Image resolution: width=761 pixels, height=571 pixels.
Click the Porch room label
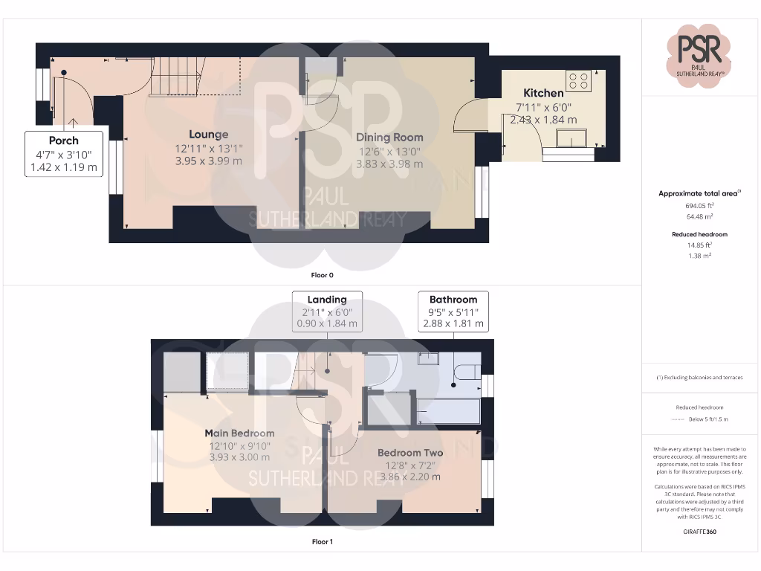[64, 141]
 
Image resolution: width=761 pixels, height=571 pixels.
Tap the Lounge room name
[208, 135]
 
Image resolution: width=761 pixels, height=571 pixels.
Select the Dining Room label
[389, 137]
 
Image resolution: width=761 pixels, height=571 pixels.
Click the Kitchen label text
[543, 93]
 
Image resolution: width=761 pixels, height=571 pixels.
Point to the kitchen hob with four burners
[578, 80]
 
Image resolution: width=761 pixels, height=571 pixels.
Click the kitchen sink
[571, 138]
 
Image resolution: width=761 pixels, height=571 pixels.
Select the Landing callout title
[327, 300]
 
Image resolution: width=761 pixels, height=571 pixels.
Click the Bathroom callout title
[453, 300]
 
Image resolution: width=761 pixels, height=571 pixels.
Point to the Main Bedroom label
[239, 433]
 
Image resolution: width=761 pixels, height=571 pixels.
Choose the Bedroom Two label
[410, 453]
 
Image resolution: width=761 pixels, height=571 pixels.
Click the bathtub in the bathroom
[448, 410]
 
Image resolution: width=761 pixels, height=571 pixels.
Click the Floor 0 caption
[322, 275]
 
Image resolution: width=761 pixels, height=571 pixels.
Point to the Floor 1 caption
[322, 542]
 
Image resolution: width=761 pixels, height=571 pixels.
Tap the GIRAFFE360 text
[700, 532]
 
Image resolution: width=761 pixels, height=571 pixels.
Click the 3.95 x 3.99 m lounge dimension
[208, 161]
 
